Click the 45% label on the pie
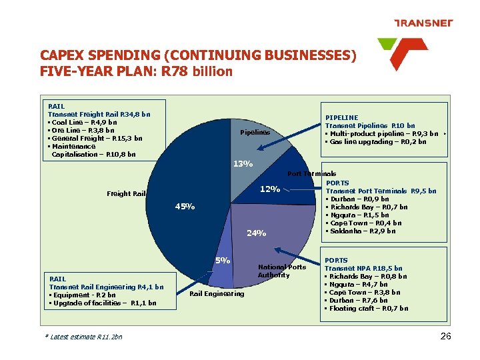pos(185,207)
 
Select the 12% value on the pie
pos(269,189)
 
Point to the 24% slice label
pos(257,233)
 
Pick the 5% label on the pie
pos(223,260)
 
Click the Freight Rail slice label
pos(126,194)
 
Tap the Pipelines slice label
pos(255,132)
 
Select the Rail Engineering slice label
pos(217,293)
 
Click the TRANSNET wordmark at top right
pos(423,23)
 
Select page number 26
pos(446,336)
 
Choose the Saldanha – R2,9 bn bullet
pos(362,231)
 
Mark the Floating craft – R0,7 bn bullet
pos(368,308)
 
